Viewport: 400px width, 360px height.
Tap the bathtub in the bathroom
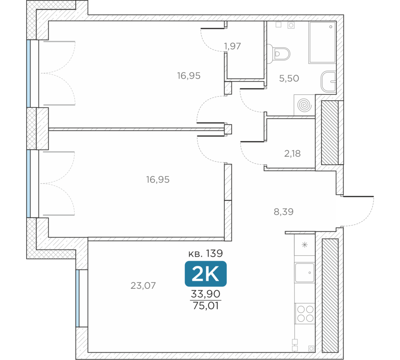[322, 42]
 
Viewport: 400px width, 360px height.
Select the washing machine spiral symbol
[304, 105]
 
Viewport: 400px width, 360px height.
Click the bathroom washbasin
[328, 81]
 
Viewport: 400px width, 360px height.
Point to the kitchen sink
[304, 272]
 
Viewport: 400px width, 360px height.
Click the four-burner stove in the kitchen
[305, 314]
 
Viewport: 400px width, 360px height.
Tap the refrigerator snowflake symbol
[304, 245]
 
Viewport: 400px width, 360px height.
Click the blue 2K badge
[206, 274]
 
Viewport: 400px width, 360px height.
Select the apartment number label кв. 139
[206, 253]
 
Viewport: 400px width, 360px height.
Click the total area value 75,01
[206, 306]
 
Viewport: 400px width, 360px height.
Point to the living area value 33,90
[206, 294]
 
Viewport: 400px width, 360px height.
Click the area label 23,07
[143, 286]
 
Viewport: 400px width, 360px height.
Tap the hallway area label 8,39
[284, 212]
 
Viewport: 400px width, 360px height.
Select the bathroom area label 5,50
[289, 78]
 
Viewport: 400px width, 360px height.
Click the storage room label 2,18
[292, 154]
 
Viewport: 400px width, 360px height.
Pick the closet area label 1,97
[232, 46]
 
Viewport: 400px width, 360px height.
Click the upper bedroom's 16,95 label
[189, 76]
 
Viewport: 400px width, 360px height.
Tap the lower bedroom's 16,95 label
[158, 180]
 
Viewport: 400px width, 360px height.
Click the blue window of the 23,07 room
[78, 298]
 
